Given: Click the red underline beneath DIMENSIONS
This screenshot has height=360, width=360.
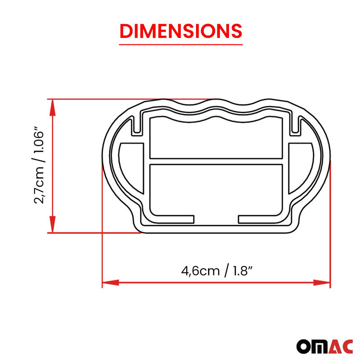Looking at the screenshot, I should (180, 44).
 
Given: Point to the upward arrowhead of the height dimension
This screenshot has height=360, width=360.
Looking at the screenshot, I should (53, 106).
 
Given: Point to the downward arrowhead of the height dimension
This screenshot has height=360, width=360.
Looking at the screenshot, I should (53, 225).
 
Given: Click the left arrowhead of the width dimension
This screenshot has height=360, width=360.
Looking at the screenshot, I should (110, 283).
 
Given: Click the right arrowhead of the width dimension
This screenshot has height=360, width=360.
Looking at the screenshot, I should (322, 283).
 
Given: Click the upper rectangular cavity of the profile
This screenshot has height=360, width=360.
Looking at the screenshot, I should (216, 137).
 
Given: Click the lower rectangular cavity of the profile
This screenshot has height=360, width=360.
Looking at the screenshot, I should (216, 189).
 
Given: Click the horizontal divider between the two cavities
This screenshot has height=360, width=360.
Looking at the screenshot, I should (216, 161).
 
